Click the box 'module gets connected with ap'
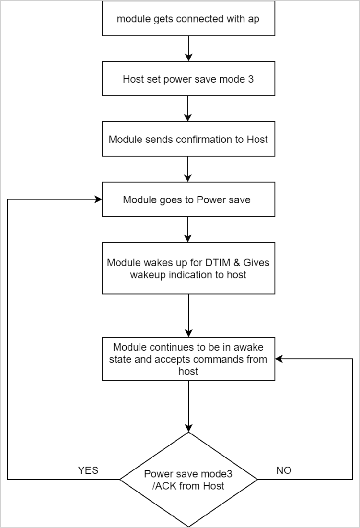click(x=189, y=19)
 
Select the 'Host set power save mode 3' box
click(x=189, y=79)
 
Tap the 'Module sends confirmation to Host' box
click(x=189, y=139)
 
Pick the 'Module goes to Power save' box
click(x=189, y=200)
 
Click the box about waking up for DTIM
click(x=189, y=268)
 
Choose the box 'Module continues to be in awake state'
click(x=189, y=359)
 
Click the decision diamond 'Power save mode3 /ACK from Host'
click(x=189, y=479)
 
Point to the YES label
click(x=88, y=470)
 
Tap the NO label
click(x=283, y=470)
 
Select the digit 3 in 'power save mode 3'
click(x=251, y=80)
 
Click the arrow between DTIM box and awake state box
click(x=189, y=315)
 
